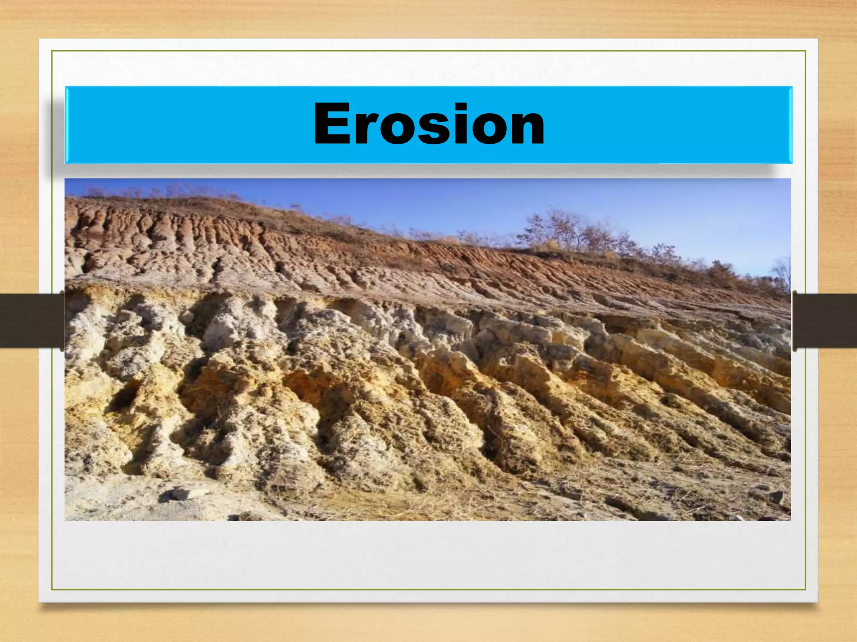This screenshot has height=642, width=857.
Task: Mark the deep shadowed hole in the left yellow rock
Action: click(x=124, y=397)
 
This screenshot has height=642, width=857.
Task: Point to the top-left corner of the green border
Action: click(x=52, y=51)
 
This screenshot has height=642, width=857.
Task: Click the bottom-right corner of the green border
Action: click(x=806, y=590)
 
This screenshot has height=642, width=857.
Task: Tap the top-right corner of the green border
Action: click(x=806, y=51)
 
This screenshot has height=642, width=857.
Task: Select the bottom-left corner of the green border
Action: click(x=52, y=590)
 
